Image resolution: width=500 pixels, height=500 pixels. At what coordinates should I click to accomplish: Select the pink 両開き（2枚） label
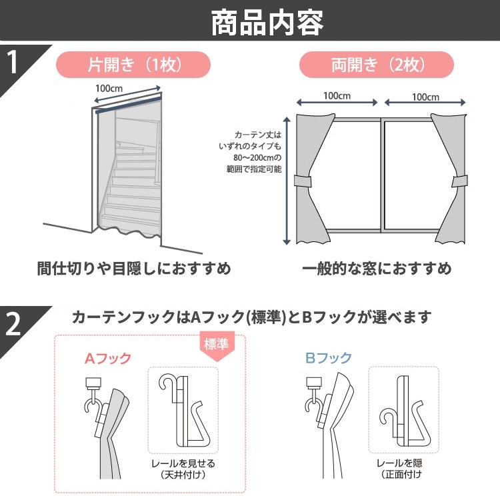point(377,65)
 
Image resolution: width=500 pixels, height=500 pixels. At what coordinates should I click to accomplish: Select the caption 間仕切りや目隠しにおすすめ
point(133,269)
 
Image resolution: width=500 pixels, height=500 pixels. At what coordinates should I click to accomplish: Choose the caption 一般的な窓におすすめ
point(377,269)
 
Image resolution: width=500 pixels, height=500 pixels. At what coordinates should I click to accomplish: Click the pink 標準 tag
point(219,345)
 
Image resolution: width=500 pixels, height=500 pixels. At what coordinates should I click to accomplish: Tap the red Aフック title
point(107,358)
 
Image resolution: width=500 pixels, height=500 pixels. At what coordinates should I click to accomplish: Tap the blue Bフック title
point(328,358)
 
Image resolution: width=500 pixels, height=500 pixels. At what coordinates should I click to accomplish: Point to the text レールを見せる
point(183,463)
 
